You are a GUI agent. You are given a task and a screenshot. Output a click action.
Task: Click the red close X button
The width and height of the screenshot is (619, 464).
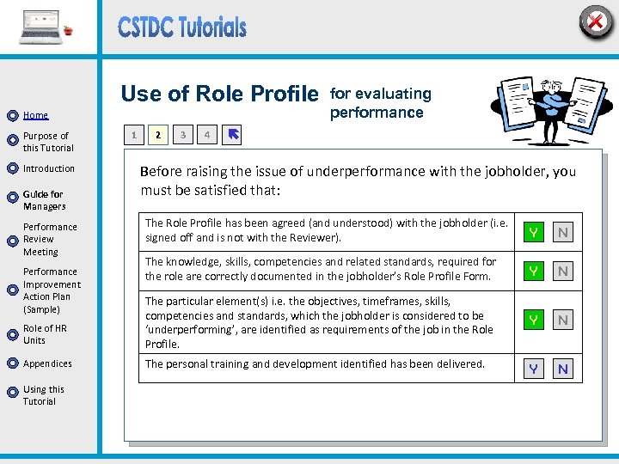[x=595, y=21]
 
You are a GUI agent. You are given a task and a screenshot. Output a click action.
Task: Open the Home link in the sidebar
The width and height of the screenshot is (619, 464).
[x=35, y=115]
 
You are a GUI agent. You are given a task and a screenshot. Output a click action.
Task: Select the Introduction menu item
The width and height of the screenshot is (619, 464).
[x=49, y=168]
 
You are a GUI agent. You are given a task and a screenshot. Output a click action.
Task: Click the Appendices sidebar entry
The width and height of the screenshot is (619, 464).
[x=47, y=363]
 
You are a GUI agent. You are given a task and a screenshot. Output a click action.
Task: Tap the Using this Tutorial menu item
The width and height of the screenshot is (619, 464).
[x=43, y=395]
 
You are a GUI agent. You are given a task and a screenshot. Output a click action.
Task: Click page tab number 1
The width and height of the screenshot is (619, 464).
[x=133, y=135]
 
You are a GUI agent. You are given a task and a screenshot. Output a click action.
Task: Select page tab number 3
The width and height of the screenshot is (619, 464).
[x=182, y=135]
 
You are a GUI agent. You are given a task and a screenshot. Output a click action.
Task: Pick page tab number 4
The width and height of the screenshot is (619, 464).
[x=207, y=135]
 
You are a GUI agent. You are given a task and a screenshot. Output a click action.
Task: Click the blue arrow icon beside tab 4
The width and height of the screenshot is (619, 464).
[x=233, y=134]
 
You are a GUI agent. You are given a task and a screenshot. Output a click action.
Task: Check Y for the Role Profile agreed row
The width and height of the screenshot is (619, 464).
[x=534, y=232]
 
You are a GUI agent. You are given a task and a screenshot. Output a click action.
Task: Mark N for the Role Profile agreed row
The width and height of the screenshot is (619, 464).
[x=563, y=232]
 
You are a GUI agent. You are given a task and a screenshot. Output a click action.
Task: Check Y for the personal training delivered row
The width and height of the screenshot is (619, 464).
[x=534, y=369]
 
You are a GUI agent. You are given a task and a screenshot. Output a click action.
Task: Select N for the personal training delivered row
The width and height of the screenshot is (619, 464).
[x=563, y=369]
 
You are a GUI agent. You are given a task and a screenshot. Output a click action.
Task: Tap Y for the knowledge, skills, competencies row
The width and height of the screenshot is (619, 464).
[x=534, y=271]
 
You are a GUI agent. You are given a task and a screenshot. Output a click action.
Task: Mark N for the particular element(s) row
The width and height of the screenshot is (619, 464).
[x=563, y=320]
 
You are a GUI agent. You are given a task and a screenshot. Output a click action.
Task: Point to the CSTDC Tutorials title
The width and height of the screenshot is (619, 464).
[x=182, y=27]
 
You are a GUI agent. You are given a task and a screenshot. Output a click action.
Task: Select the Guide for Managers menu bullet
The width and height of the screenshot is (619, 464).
[x=12, y=198]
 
